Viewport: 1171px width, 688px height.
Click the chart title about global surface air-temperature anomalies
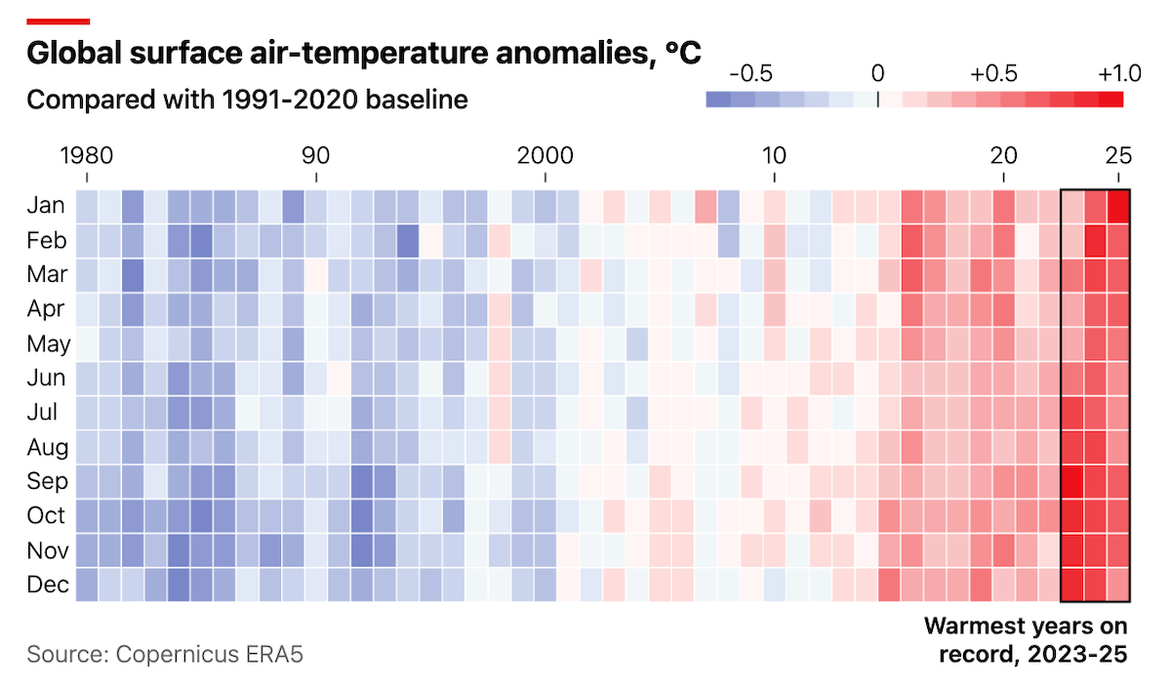pyautogui.click(x=363, y=53)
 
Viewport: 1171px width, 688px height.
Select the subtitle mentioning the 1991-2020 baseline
pyautogui.click(x=247, y=100)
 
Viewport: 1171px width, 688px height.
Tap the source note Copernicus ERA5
pyautogui.click(x=165, y=654)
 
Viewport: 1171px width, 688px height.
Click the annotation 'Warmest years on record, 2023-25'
pyautogui.click(x=1025, y=639)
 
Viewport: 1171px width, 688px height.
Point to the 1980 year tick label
pyautogui.click(x=87, y=156)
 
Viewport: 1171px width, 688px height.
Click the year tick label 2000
pyautogui.click(x=545, y=156)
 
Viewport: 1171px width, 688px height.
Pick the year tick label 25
pyautogui.click(x=1118, y=156)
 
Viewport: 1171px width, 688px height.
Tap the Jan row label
pyautogui.click(x=46, y=206)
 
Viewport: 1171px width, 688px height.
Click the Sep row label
pyautogui.click(x=46, y=481)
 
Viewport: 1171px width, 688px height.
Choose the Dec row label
pyautogui.click(x=46, y=585)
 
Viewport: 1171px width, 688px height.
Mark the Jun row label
pyautogui.click(x=46, y=378)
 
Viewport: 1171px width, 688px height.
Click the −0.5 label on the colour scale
pyautogui.click(x=751, y=73)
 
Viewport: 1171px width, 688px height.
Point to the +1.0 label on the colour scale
pyautogui.click(x=1118, y=73)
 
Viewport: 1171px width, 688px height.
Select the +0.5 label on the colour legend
pyautogui.click(x=994, y=73)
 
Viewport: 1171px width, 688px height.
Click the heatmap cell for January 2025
pyautogui.click(x=1118, y=206)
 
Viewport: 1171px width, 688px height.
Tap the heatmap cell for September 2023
pyautogui.click(x=1072, y=481)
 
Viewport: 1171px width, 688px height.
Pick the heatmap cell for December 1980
pyautogui.click(x=87, y=585)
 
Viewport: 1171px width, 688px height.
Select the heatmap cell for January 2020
pyautogui.click(x=1003, y=206)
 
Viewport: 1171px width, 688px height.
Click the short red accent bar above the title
pyautogui.click(x=58, y=20)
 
